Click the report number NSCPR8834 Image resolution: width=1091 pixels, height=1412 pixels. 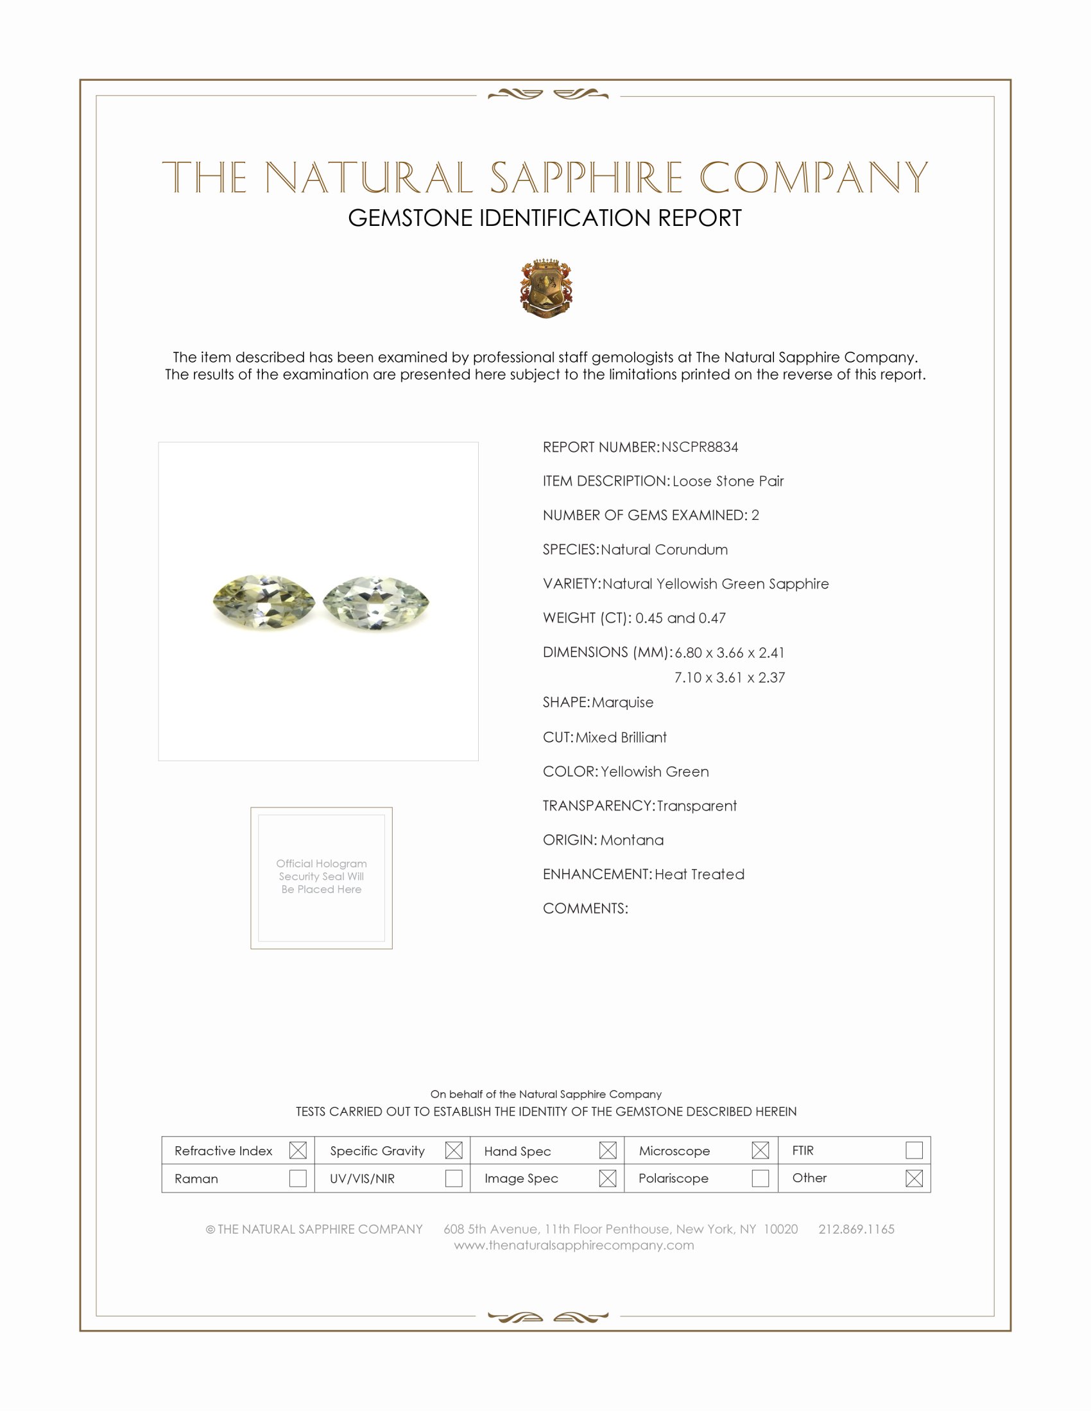(700, 447)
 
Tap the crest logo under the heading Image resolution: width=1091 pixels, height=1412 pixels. (546, 288)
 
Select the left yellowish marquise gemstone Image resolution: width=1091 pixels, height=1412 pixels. (263, 602)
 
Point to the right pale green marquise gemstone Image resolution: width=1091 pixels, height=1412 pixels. (375, 603)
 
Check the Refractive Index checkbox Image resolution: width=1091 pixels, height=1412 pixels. (298, 1150)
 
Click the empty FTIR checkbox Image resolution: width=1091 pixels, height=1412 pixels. (914, 1150)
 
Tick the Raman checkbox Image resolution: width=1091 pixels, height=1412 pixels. (298, 1178)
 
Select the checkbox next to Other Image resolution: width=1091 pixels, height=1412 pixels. (914, 1178)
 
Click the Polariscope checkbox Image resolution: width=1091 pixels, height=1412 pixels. (760, 1178)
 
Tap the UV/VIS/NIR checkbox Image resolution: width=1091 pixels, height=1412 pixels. (454, 1178)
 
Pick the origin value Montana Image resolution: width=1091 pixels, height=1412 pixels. (631, 840)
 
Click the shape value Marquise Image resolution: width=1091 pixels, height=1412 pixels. (623, 702)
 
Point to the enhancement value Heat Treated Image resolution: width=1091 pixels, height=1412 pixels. (700, 874)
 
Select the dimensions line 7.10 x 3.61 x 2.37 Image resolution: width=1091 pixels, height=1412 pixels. (729, 678)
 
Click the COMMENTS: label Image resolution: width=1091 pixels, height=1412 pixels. (585, 908)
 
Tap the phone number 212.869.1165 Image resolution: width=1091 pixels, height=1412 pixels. (856, 1229)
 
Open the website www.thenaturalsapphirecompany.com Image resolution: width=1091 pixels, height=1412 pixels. (574, 1245)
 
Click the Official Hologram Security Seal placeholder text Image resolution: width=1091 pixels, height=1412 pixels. (322, 876)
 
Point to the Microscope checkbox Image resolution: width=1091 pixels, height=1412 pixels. (760, 1150)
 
